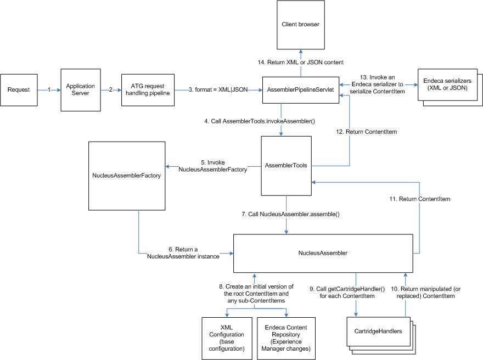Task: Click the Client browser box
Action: click(300, 25)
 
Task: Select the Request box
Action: click(19, 89)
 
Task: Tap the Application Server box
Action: click(81, 89)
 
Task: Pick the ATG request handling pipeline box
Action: click(148, 89)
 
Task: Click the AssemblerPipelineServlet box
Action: click(301, 89)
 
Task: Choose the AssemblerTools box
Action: click(285, 165)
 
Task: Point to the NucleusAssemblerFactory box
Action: click(127, 175)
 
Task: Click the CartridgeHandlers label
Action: click(378, 331)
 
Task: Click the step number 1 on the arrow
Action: click(49, 89)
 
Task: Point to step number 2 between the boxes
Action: click(111, 89)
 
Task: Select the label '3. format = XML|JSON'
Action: click(218, 89)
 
